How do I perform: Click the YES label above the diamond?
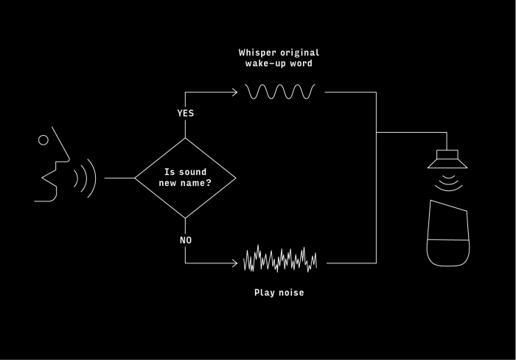[x=185, y=113]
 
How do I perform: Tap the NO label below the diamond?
[x=185, y=240]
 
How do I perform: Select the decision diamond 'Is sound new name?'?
[x=185, y=178]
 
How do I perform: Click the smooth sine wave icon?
[x=281, y=92]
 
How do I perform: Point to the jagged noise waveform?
[x=280, y=259]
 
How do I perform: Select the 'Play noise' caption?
[x=279, y=293]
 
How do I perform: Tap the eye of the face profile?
[x=43, y=139]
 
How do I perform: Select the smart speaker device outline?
[x=447, y=232]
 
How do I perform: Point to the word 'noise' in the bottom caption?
[x=290, y=293]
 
